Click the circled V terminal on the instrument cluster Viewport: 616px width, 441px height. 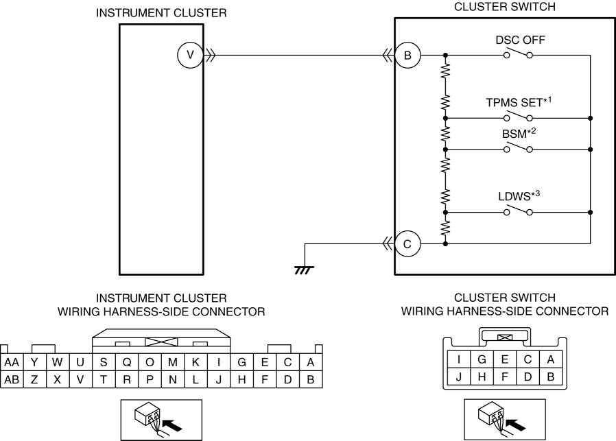pos(190,56)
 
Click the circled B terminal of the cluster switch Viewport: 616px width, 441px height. pos(407,56)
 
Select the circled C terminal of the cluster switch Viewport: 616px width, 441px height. pos(407,244)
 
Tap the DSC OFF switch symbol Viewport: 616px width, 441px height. pos(518,54)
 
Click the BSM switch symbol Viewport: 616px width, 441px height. pos(518,148)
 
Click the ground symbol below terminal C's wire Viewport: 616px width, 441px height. pos(305,270)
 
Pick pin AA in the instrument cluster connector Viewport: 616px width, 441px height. pos(12,362)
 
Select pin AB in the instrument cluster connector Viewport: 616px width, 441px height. pos(12,379)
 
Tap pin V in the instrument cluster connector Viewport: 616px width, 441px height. pos(80,379)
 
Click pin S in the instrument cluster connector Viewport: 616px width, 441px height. pos(104,362)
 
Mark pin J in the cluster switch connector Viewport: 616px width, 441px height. pos(459,377)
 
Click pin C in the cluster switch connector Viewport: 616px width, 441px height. pos(528,359)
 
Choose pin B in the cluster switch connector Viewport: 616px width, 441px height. pos(550,377)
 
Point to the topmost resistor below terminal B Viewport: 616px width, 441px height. pos(445,71)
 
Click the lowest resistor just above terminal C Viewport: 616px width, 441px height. pos(445,228)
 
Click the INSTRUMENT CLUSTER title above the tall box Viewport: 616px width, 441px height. pos(161,13)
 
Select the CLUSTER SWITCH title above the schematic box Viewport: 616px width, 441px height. pos(505,7)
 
